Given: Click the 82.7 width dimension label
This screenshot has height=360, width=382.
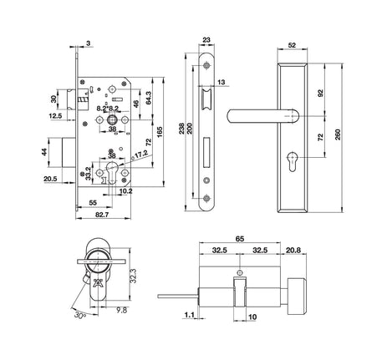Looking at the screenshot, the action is coord(102,215).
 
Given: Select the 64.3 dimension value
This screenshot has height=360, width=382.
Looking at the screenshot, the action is coord(149,98).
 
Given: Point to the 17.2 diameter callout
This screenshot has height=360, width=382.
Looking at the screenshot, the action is coord(141,154).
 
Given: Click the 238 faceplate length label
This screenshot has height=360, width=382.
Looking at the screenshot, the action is coord(182,129).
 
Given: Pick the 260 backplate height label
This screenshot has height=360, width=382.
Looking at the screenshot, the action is coord(338,134).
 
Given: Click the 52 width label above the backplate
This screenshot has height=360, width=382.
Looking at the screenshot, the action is coord(292,45).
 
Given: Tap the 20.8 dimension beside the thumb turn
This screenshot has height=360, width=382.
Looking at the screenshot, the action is coord(293,250).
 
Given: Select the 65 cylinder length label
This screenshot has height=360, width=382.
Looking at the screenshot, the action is coord(240,239).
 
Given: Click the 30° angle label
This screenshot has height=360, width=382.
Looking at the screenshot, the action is coord(80,315).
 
